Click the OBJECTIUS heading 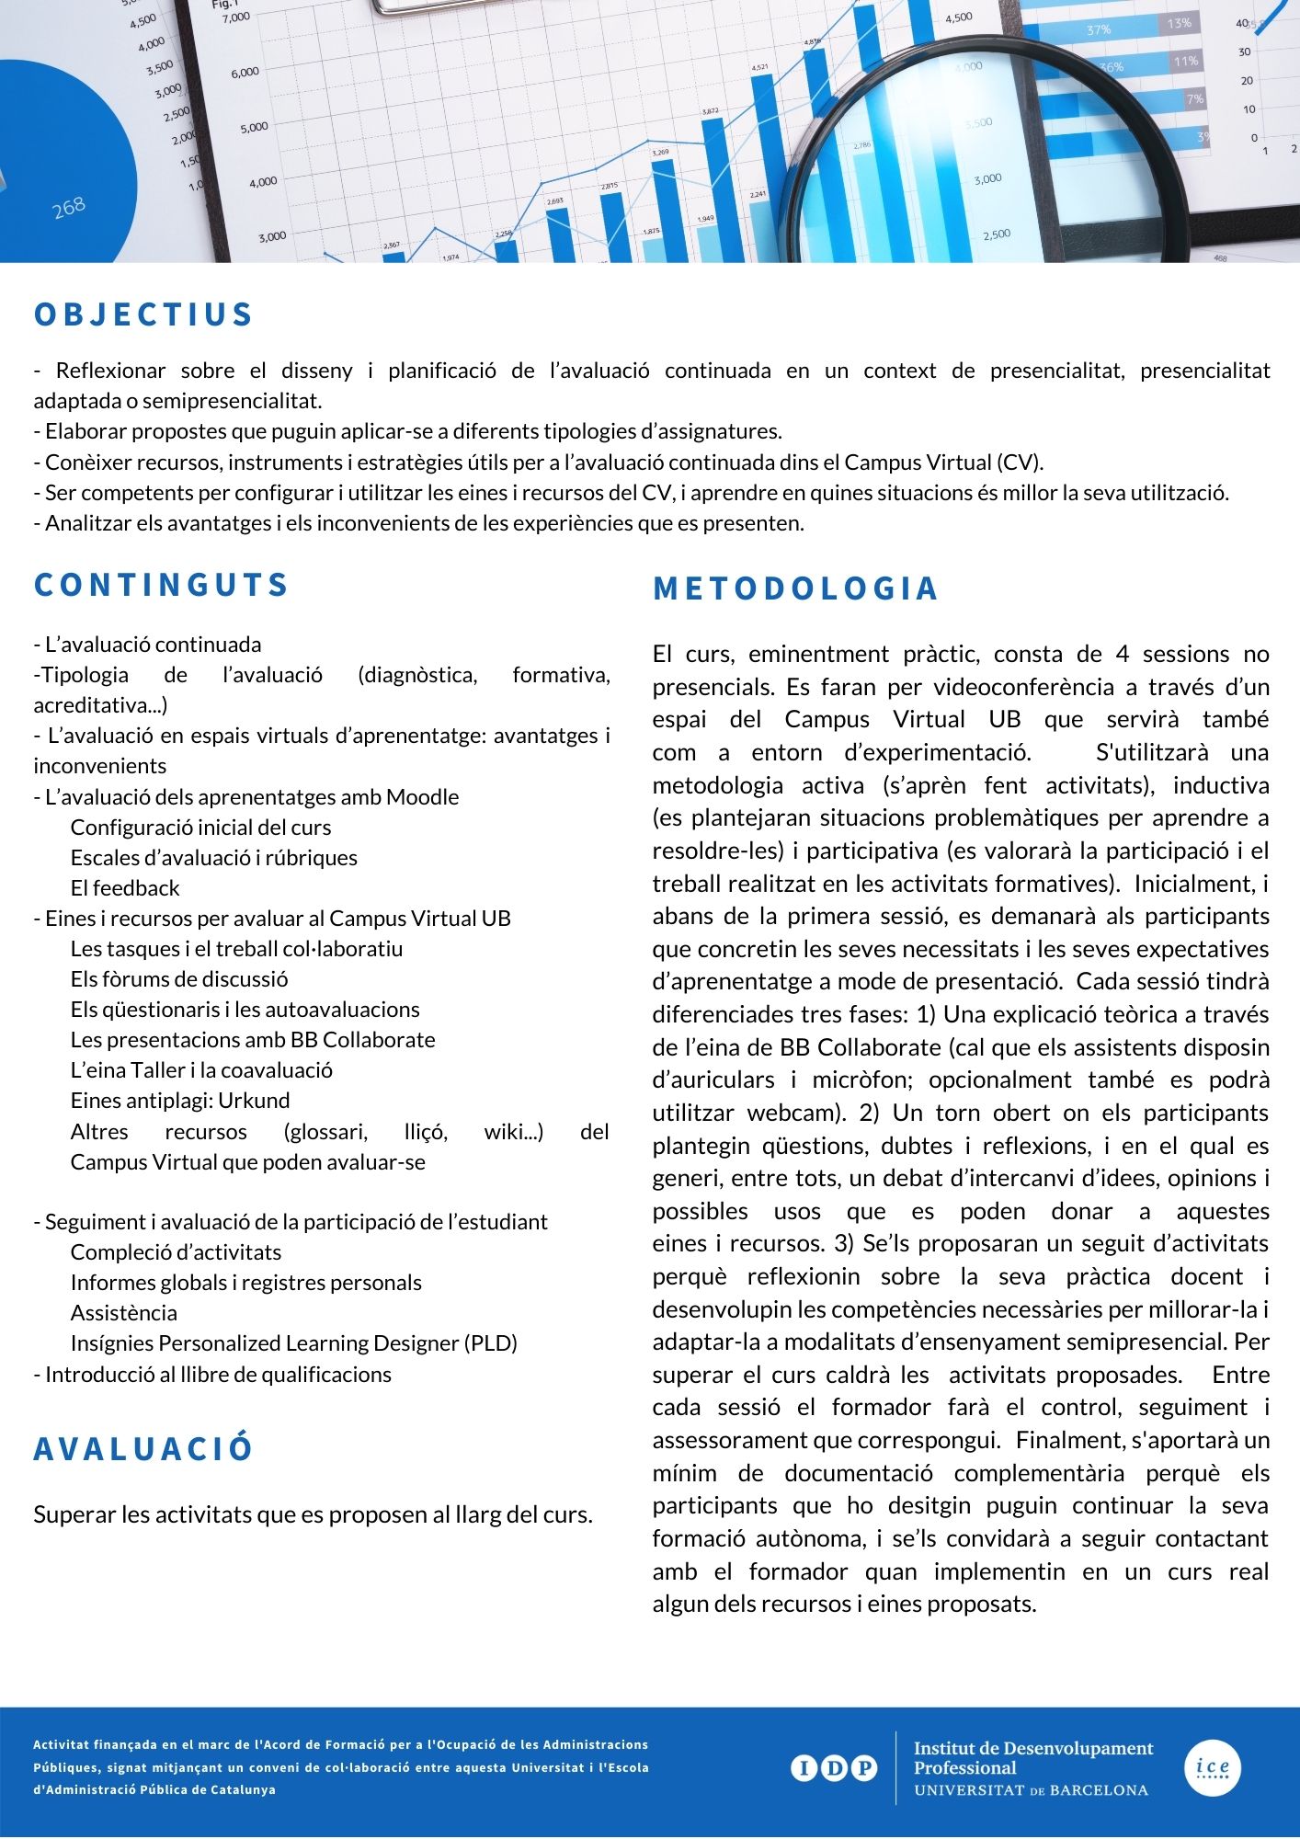(x=143, y=314)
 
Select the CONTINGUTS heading (x=162, y=585)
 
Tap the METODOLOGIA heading (x=795, y=588)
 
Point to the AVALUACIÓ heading (x=143, y=1448)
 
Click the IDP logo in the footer (x=833, y=1767)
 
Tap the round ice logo (x=1213, y=1767)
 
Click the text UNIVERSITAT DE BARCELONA (x=1031, y=1790)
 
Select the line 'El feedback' (x=125, y=888)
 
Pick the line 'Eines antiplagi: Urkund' (x=180, y=1101)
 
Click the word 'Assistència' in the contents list (x=124, y=1313)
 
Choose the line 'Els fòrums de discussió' (x=179, y=979)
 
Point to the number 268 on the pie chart (x=69, y=207)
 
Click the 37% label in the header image (x=1099, y=30)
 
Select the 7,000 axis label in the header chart (x=236, y=17)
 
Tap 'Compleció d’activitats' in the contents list (x=176, y=1252)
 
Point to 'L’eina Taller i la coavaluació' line (x=201, y=1070)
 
